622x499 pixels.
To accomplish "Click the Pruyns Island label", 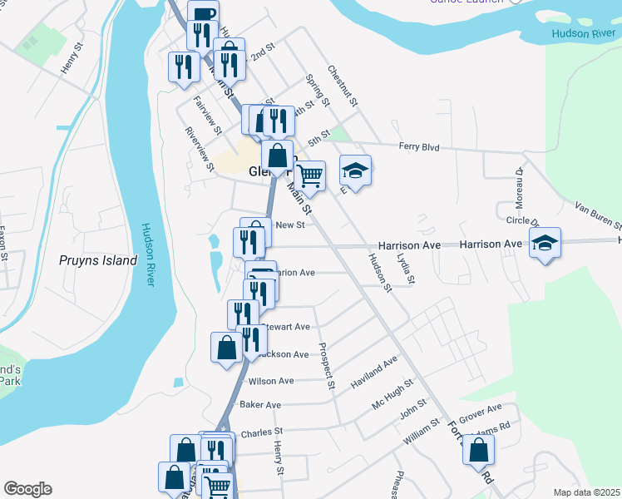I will (98, 260).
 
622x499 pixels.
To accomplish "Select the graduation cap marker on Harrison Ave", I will (545, 243).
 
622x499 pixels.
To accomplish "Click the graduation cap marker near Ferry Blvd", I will (355, 171).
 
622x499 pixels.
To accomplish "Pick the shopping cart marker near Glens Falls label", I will (309, 175).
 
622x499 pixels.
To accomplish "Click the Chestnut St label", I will (342, 86).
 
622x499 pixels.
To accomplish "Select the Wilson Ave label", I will (271, 381).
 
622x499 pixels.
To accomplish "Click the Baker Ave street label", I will (260, 405).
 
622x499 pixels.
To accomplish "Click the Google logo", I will (27, 489).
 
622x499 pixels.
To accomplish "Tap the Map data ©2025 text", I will (586, 492).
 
